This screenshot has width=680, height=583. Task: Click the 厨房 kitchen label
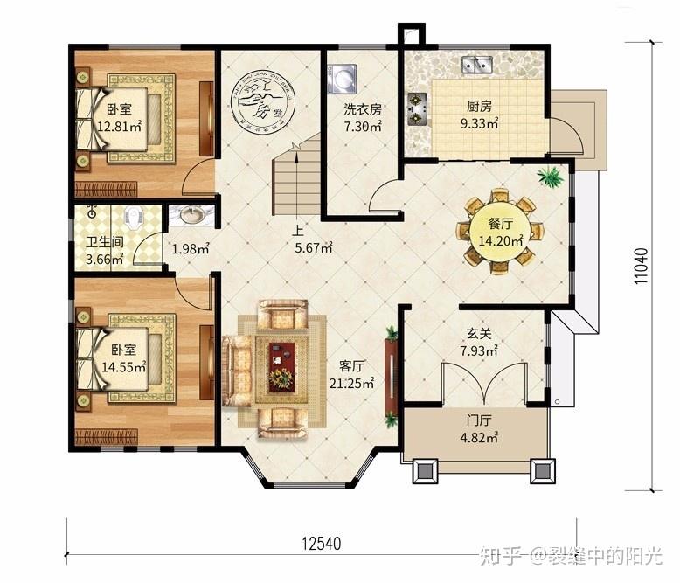[479, 106]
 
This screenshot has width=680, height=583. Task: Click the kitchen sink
[476, 64]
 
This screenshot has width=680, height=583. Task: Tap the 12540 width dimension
[322, 544]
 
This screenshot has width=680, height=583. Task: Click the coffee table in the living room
[281, 362]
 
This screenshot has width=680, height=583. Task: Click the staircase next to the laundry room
[298, 179]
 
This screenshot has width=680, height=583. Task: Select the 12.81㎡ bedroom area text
[117, 126]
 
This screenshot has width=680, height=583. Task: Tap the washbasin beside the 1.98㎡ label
[187, 215]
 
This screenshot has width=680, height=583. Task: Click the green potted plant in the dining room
[551, 177]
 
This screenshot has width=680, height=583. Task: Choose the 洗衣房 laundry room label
[362, 109]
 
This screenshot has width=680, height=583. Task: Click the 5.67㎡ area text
[313, 248]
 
